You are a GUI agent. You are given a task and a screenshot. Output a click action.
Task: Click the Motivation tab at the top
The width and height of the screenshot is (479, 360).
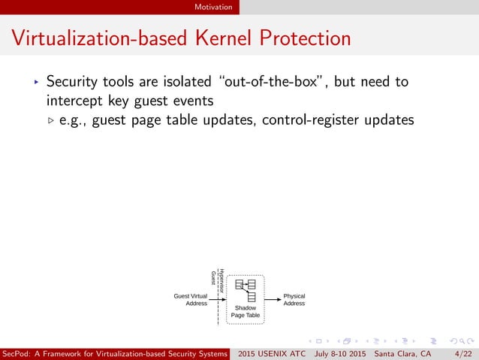point(212,7)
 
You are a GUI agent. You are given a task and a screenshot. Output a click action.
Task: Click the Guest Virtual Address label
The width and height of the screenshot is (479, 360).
point(191,300)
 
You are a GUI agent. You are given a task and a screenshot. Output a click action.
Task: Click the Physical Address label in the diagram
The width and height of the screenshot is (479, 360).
point(294,300)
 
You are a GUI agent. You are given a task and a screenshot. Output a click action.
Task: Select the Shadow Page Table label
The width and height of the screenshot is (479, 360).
point(246,312)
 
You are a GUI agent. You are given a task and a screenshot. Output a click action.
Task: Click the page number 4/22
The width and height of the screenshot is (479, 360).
point(463,353)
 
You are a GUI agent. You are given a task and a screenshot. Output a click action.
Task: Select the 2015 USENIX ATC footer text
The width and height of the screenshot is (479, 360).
point(270,353)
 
